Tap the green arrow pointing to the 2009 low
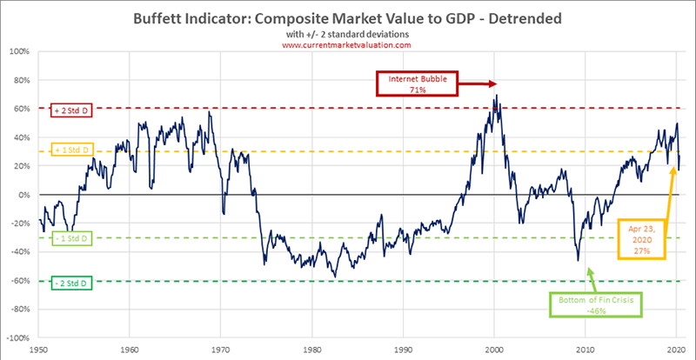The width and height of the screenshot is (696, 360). [x=589, y=277]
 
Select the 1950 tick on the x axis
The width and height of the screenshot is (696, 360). [x=39, y=350]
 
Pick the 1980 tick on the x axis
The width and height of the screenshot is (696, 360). [x=312, y=350]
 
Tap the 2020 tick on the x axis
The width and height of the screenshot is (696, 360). [x=676, y=350]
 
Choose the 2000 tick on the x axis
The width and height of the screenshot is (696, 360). [x=494, y=350]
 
